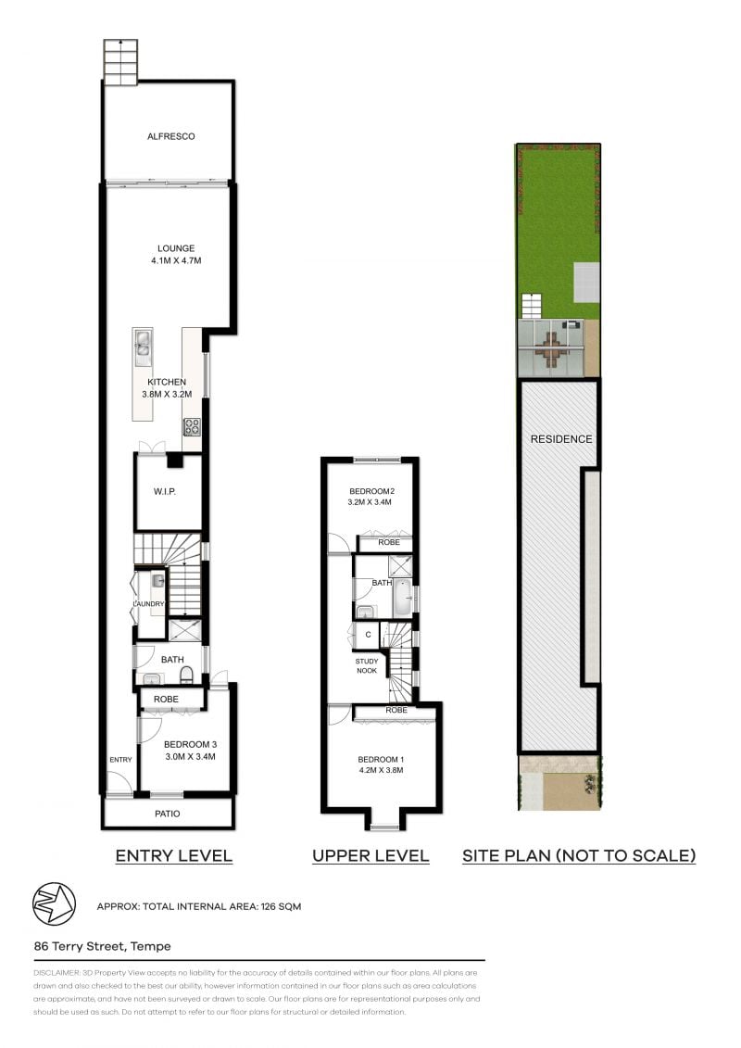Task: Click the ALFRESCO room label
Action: (x=171, y=136)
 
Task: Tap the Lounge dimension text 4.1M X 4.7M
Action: (x=176, y=261)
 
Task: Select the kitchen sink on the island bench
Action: (x=143, y=344)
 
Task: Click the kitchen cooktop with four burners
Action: (x=193, y=427)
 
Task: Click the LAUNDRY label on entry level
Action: (x=148, y=605)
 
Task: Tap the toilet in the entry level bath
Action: (x=186, y=673)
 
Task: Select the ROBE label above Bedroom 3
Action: (x=167, y=700)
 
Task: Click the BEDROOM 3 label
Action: (x=190, y=744)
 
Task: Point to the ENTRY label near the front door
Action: (x=120, y=760)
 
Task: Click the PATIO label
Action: (x=168, y=814)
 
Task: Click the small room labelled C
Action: (x=368, y=635)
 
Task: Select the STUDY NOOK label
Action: (x=367, y=665)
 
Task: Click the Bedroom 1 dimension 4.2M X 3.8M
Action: (x=381, y=769)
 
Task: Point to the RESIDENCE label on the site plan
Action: (x=560, y=439)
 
